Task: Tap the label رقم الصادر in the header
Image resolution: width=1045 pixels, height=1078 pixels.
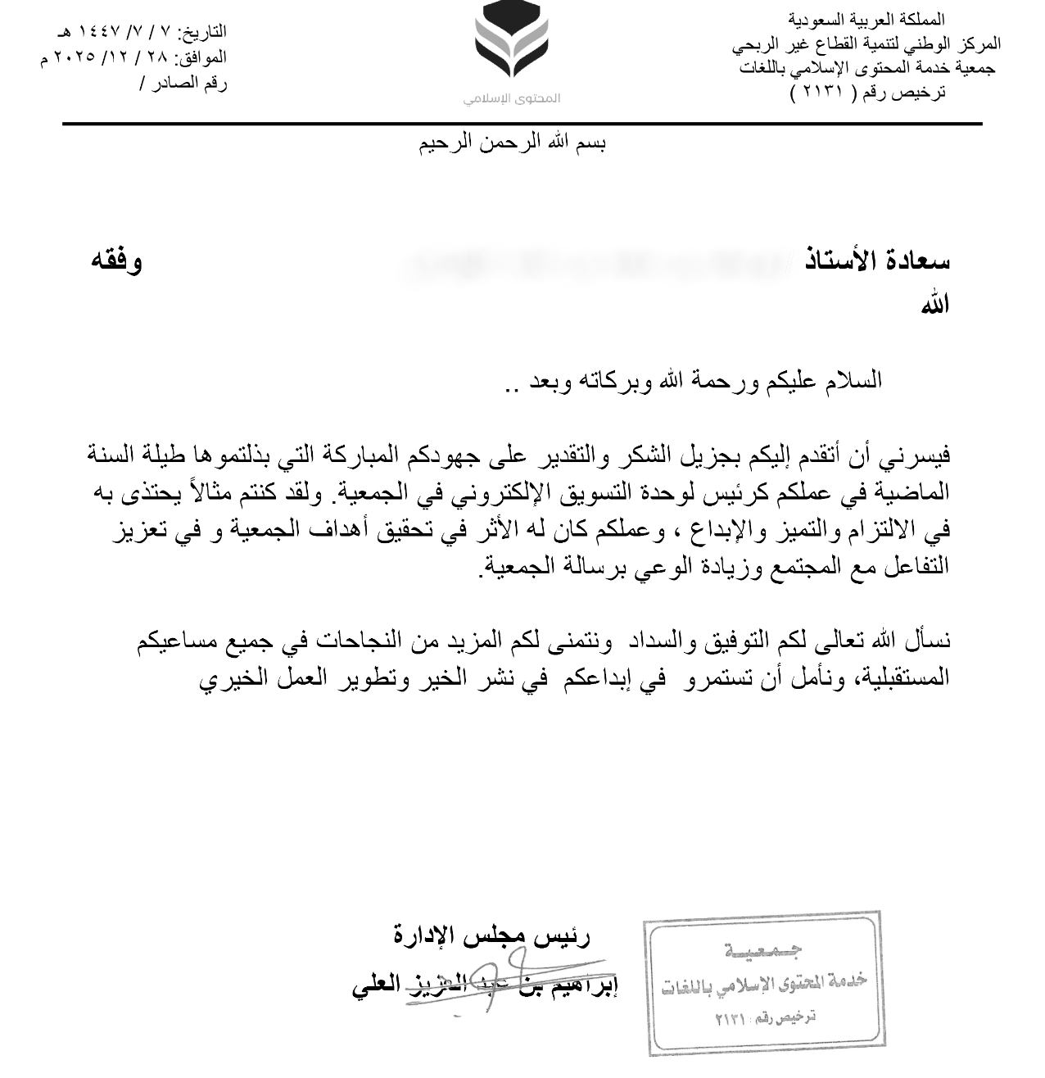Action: [192, 83]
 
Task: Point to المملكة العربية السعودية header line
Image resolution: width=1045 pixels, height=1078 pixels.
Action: [866, 19]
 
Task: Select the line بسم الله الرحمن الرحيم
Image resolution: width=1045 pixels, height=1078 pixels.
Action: [513, 144]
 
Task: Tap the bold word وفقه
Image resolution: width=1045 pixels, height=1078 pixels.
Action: [116, 261]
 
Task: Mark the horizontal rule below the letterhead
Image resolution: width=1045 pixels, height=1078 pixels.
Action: [522, 125]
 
